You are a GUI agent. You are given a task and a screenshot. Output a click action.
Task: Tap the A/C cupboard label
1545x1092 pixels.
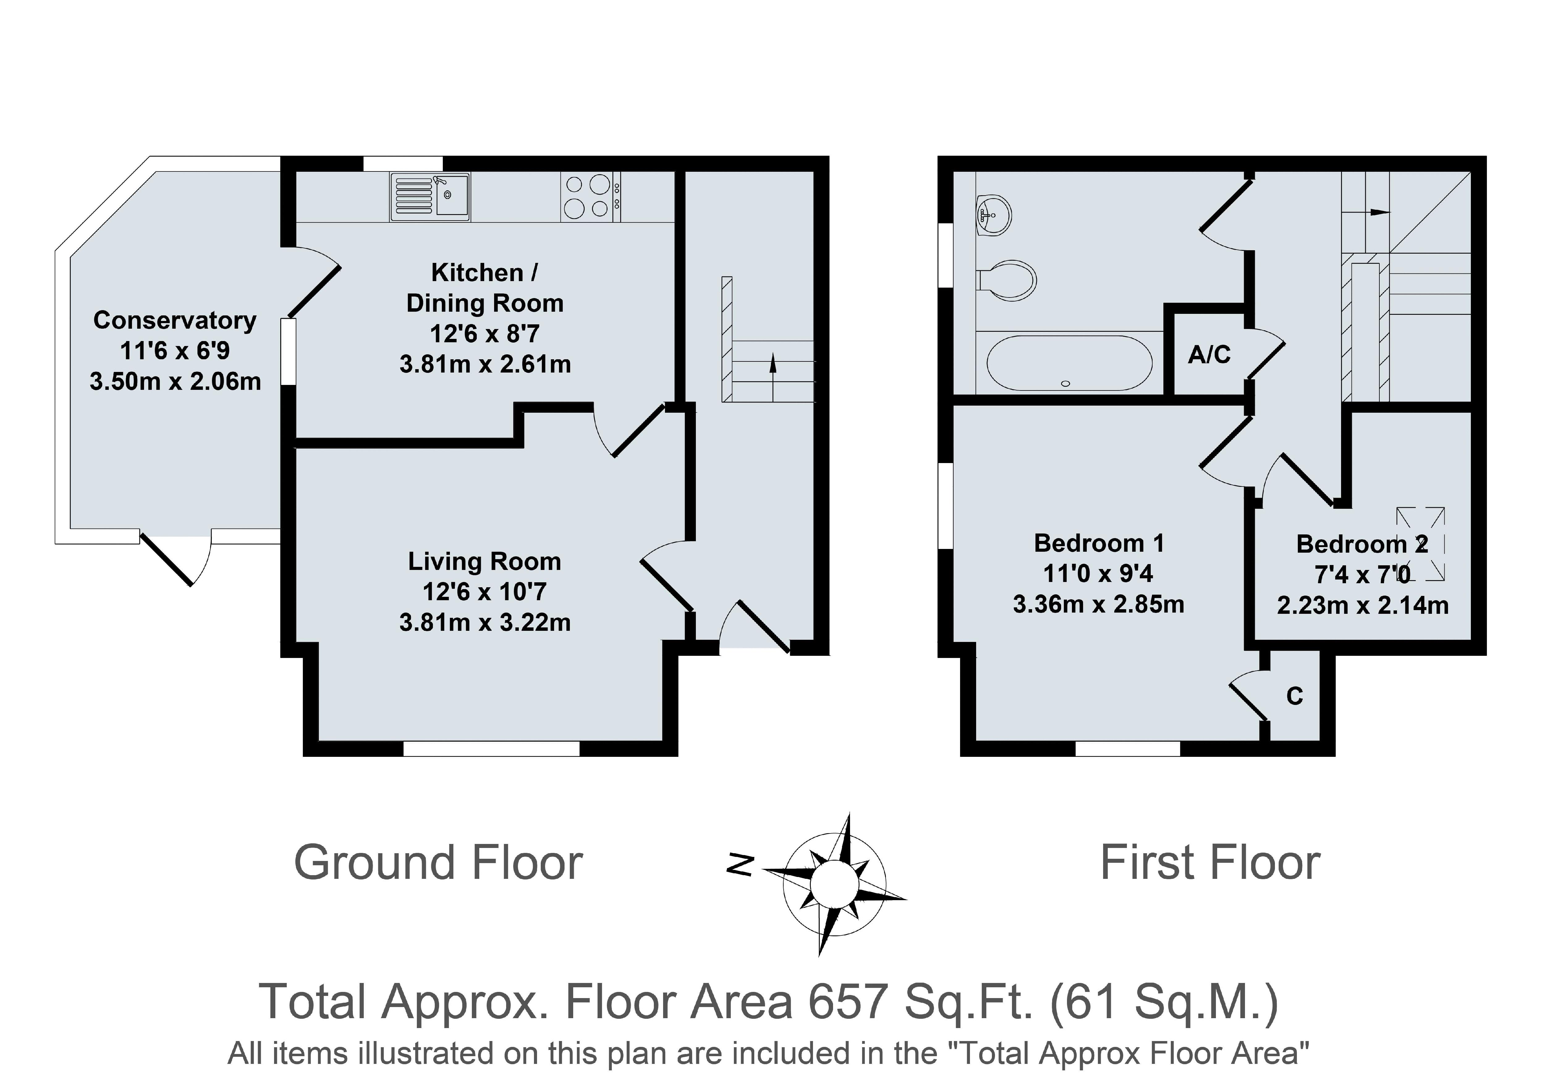tap(1209, 355)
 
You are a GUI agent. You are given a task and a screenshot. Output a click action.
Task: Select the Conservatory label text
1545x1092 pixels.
tap(175, 320)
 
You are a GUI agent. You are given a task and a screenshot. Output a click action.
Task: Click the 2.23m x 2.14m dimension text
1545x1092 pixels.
tap(1363, 605)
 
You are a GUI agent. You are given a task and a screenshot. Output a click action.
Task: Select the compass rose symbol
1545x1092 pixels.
tap(834, 885)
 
